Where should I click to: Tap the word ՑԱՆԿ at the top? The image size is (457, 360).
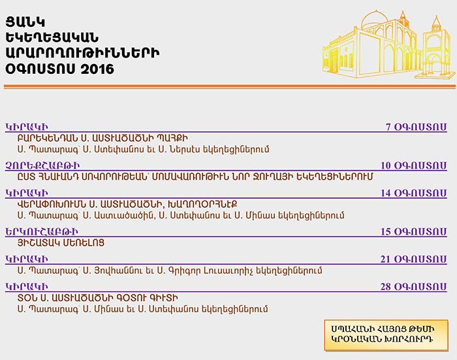click(25, 22)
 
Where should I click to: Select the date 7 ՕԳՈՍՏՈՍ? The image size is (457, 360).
click(417, 127)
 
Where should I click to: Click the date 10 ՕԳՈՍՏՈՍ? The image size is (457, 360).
click(414, 165)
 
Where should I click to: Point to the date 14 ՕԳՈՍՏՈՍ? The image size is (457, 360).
click(414, 193)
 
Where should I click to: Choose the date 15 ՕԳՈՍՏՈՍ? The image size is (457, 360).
click(414, 232)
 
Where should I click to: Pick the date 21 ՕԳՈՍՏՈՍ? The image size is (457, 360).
click(413, 259)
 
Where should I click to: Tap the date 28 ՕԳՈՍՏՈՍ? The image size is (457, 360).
click(413, 287)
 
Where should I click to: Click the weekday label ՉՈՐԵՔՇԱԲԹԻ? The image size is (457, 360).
click(42, 166)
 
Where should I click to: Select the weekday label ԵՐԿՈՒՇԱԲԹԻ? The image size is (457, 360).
click(42, 232)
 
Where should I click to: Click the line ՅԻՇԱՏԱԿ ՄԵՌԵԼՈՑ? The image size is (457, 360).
click(61, 243)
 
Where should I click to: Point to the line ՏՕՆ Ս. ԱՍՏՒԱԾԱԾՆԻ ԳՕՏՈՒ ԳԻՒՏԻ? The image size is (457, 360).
click(98, 298)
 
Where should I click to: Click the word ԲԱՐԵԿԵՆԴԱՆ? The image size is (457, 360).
click(52, 138)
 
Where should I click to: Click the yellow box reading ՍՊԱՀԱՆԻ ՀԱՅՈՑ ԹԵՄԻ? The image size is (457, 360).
click(386, 335)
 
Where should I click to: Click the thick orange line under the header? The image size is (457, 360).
click(230, 87)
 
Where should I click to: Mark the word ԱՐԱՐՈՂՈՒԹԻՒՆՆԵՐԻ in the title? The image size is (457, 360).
click(82, 54)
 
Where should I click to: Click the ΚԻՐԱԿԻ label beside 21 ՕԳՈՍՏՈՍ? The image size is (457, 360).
click(27, 259)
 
